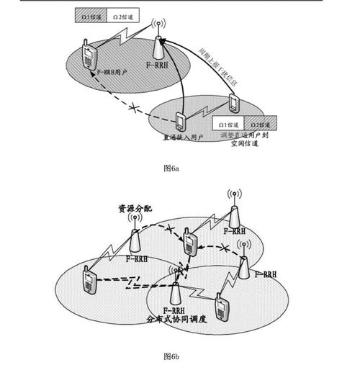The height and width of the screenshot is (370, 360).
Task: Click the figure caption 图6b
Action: pyautogui.click(x=171, y=356)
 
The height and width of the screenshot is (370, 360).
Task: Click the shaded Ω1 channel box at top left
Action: pyautogui.click(x=91, y=13)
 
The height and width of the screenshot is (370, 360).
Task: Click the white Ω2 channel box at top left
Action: pyautogui.click(x=124, y=13)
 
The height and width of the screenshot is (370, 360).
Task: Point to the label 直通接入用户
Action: pyautogui.click(x=183, y=135)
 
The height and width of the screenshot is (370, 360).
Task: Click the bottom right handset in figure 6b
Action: pyautogui.click(x=221, y=304)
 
